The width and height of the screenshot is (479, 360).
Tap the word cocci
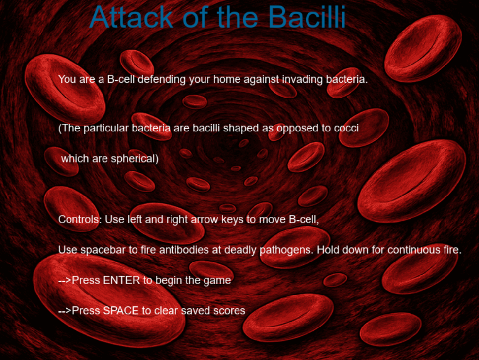tap(346, 129)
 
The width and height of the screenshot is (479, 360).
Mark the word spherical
tap(133, 159)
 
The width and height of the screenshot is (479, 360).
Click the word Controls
tap(79, 219)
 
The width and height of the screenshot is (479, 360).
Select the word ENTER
tap(122, 280)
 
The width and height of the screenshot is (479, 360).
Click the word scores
tap(228, 311)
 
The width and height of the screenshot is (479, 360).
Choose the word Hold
tap(327, 250)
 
